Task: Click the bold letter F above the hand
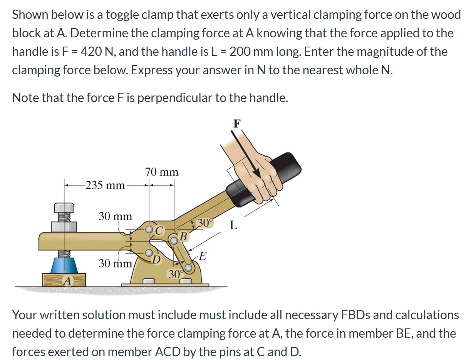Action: click(237, 124)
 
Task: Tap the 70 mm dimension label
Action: click(162, 172)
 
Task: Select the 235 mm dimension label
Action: click(105, 186)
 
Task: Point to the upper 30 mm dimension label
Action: click(115, 216)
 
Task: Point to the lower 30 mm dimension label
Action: click(116, 263)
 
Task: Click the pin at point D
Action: click(149, 253)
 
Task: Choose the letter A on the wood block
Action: click(67, 281)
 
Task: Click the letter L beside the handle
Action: click(233, 226)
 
